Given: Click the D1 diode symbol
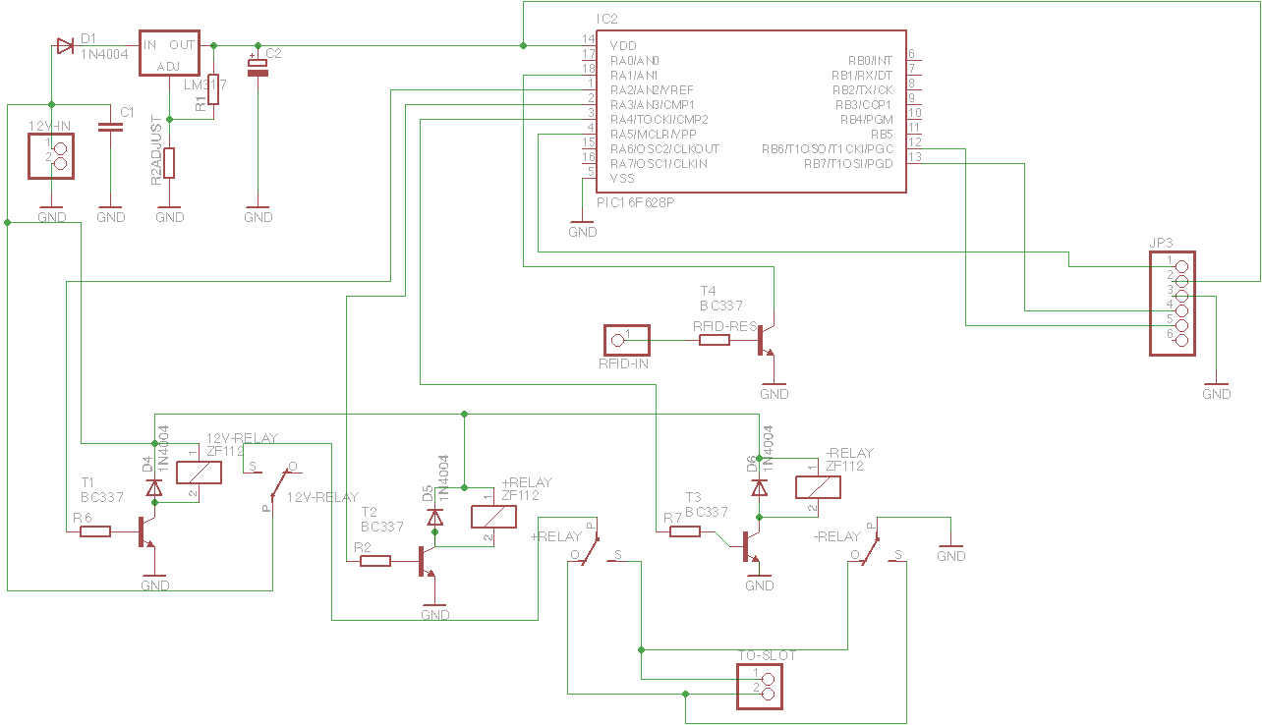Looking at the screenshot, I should tap(65, 45).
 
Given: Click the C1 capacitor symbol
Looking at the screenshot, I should tap(111, 126).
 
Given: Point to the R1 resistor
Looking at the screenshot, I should tap(213, 90).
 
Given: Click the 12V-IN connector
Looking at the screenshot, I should tap(52, 155).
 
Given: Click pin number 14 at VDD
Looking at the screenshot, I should tap(588, 39).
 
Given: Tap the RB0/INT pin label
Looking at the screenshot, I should tap(870, 61).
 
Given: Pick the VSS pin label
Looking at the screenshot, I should tap(622, 179).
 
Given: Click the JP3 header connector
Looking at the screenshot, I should tap(1173, 303).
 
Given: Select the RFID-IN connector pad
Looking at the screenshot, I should tap(626, 340).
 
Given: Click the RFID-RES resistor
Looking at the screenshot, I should tap(715, 340).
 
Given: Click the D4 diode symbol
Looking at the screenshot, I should tap(153, 487).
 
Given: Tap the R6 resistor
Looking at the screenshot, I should tap(95, 531).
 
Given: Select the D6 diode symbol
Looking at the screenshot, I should tap(759, 487).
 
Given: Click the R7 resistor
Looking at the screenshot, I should tap(685, 531).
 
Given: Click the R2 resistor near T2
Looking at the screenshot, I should tap(375, 561).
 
